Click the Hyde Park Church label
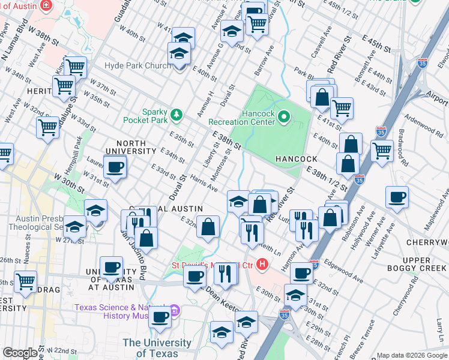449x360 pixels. (x=137, y=65)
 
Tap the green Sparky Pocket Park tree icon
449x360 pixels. (x=176, y=114)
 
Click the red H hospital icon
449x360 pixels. (x=262, y=263)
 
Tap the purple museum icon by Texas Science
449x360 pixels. (x=174, y=311)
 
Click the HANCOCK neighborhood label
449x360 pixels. (x=296, y=159)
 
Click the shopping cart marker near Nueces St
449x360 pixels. (x=25, y=281)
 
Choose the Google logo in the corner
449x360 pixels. (x=19, y=353)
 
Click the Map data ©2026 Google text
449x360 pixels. (x=411, y=355)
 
